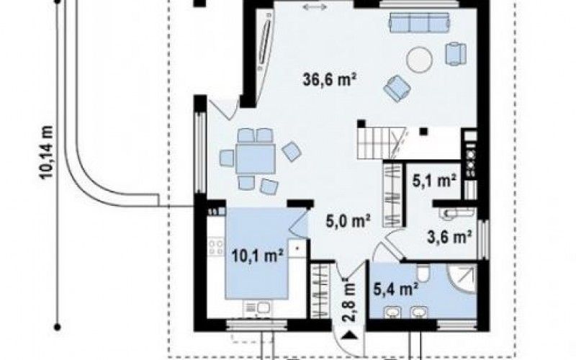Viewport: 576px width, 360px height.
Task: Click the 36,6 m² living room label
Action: click(x=330, y=79)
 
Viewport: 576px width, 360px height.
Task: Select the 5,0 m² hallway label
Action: click(x=348, y=220)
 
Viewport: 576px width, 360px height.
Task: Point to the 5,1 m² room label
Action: click(x=434, y=181)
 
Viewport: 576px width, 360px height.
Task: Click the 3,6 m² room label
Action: click(x=449, y=237)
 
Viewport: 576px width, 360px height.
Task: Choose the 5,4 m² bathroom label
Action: click(x=396, y=289)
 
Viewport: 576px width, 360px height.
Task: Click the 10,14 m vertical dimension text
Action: click(x=47, y=152)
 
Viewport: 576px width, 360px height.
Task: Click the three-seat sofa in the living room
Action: click(x=420, y=23)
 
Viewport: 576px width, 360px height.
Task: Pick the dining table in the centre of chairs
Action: click(x=256, y=159)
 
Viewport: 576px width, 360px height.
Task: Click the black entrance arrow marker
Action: click(x=350, y=335)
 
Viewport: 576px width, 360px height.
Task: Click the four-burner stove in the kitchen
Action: click(x=216, y=247)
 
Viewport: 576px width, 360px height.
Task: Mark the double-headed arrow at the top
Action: click(x=315, y=6)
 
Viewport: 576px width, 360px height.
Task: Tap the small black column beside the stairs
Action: click(x=424, y=131)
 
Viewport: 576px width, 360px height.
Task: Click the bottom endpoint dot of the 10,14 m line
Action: click(x=57, y=326)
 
